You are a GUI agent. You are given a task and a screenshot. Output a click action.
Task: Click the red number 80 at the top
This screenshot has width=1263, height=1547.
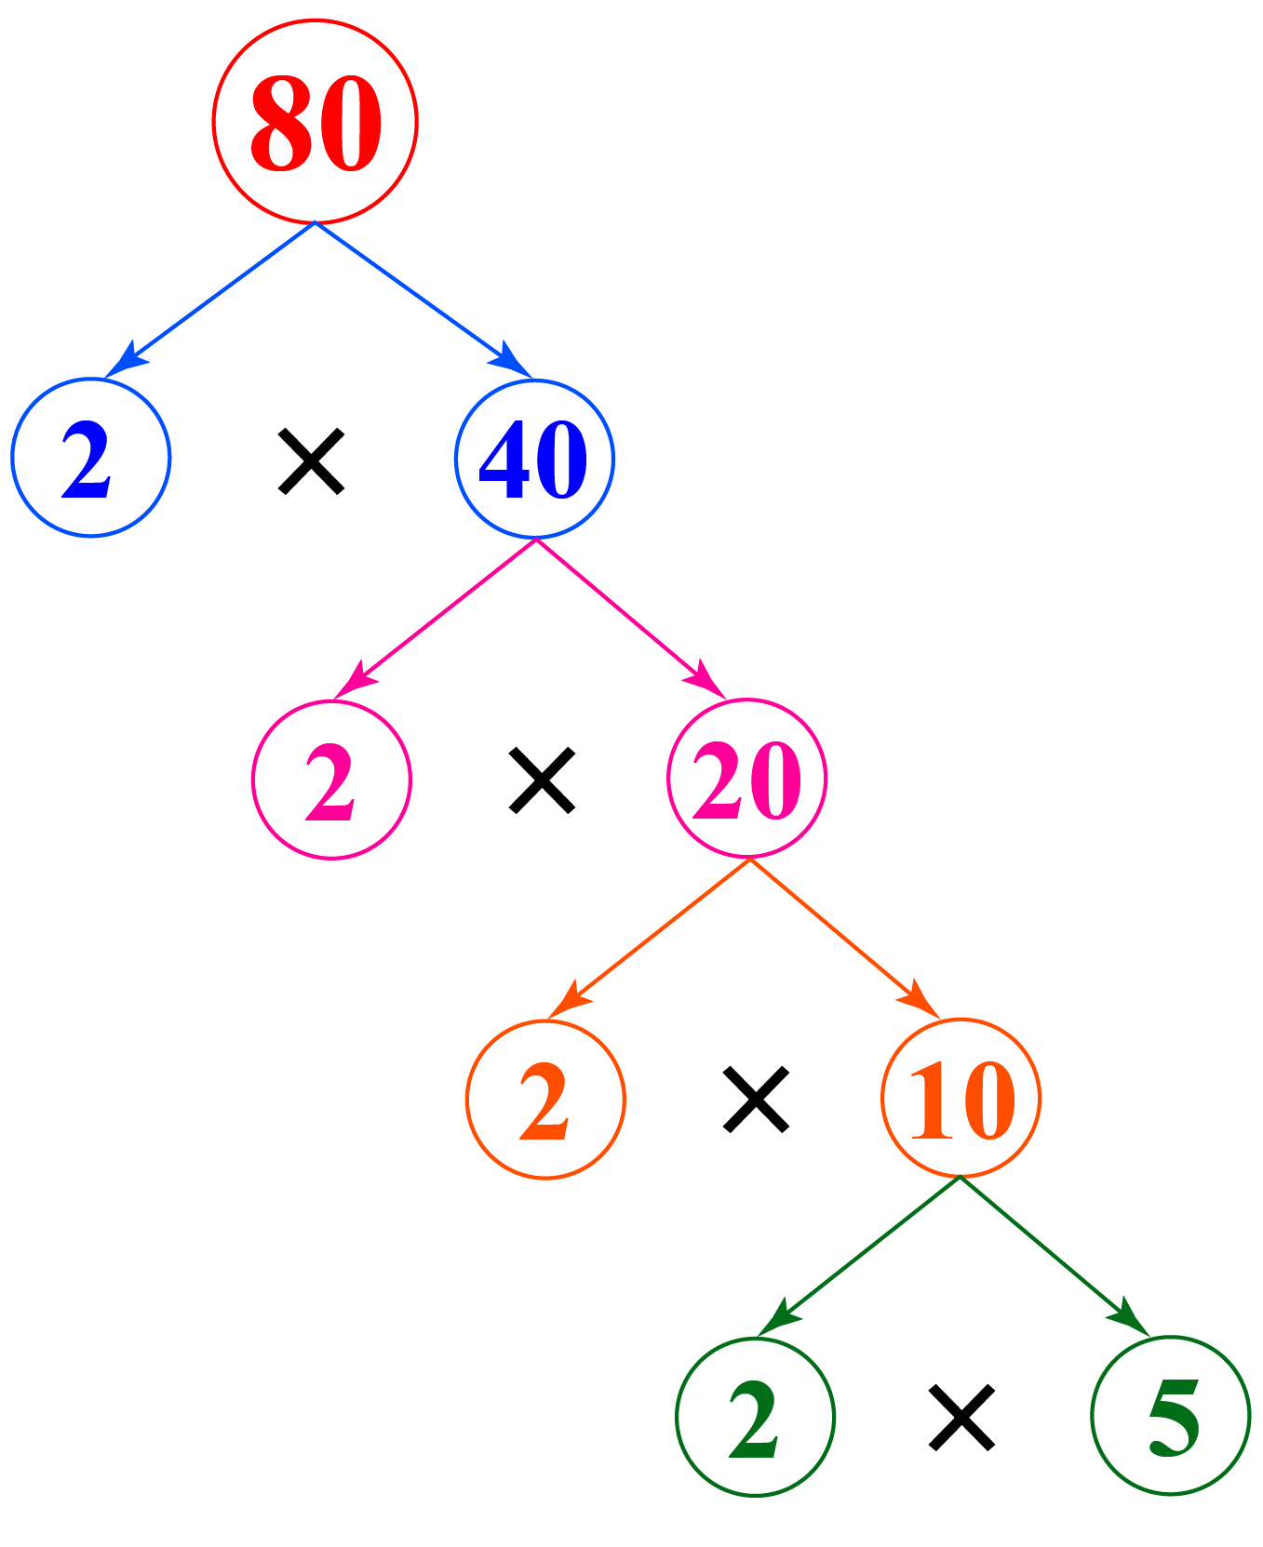coord(316,122)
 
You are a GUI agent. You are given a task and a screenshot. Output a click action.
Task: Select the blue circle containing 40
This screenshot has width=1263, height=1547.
coord(534,458)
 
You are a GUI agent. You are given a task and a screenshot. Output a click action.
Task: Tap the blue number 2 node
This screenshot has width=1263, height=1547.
coord(90,458)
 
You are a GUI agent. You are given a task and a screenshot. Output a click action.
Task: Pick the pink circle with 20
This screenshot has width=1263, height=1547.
coord(746,779)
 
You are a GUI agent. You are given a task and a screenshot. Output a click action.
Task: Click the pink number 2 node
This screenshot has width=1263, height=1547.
coord(331,780)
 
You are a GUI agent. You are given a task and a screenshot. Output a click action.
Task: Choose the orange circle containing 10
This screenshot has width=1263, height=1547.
coord(961,1099)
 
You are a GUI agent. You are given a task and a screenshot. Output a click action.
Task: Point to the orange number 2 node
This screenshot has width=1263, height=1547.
coord(545,1100)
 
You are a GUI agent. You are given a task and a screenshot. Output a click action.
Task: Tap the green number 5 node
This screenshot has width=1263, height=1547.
coord(1171,1417)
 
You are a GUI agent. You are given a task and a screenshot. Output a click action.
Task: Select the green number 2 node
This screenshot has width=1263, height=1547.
coord(755,1418)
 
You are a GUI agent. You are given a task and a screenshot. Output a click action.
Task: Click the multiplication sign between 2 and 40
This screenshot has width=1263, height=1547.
coord(312,460)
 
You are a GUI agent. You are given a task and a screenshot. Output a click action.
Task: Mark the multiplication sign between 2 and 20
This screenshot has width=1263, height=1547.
coord(542,780)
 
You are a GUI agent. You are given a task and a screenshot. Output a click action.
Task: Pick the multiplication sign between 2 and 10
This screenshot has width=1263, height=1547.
coord(757,1100)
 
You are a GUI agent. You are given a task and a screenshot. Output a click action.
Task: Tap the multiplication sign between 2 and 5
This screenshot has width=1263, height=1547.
coord(961,1418)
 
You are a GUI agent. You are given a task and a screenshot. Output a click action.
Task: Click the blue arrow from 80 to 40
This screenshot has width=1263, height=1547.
coord(423,300)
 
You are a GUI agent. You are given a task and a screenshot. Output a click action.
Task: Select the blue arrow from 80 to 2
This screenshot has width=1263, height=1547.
coord(211,300)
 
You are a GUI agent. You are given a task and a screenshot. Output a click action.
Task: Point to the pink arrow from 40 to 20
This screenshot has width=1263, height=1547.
coord(631,619)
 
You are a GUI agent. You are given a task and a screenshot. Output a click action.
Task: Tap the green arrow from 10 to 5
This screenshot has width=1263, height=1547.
coord(1055,1257)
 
